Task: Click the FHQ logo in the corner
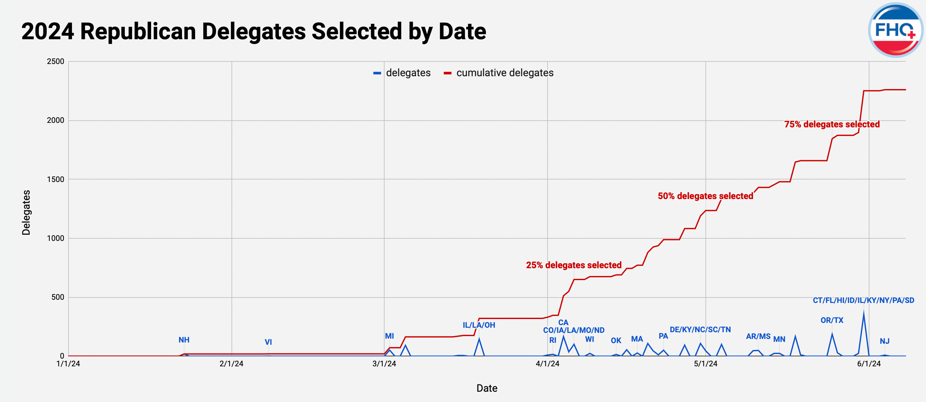pos(895,30)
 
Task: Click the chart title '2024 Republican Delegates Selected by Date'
pos(253,31)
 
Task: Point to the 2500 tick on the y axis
pos(55,61)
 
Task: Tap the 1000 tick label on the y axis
pos(55,238)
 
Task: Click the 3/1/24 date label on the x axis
pos(384,363)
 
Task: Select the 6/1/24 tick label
pos(868,363)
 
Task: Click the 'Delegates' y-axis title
pos(26,212)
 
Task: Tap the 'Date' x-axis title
pos(487,388)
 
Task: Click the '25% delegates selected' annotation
pos(573,265)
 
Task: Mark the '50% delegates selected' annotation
pos(705,196)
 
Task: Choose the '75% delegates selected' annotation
pos(831,124)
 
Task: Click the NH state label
pos(184,340)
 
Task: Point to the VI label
pos(268,342)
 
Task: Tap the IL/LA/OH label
pos(478,325)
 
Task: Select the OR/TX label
pos(831,320)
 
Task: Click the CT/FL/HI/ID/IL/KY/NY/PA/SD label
pos(863,300)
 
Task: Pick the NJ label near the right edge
pos(884,341)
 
